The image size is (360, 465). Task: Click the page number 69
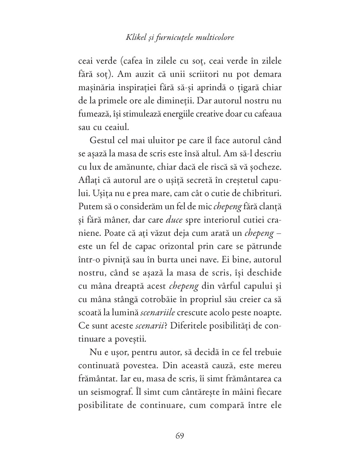click(180, 436)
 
